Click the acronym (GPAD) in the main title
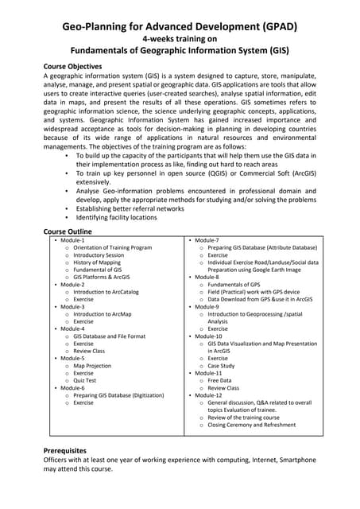click(271, 27)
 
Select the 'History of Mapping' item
click(97, 262)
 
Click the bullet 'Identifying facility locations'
click(117, 218)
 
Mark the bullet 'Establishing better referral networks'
click(130, 208)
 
